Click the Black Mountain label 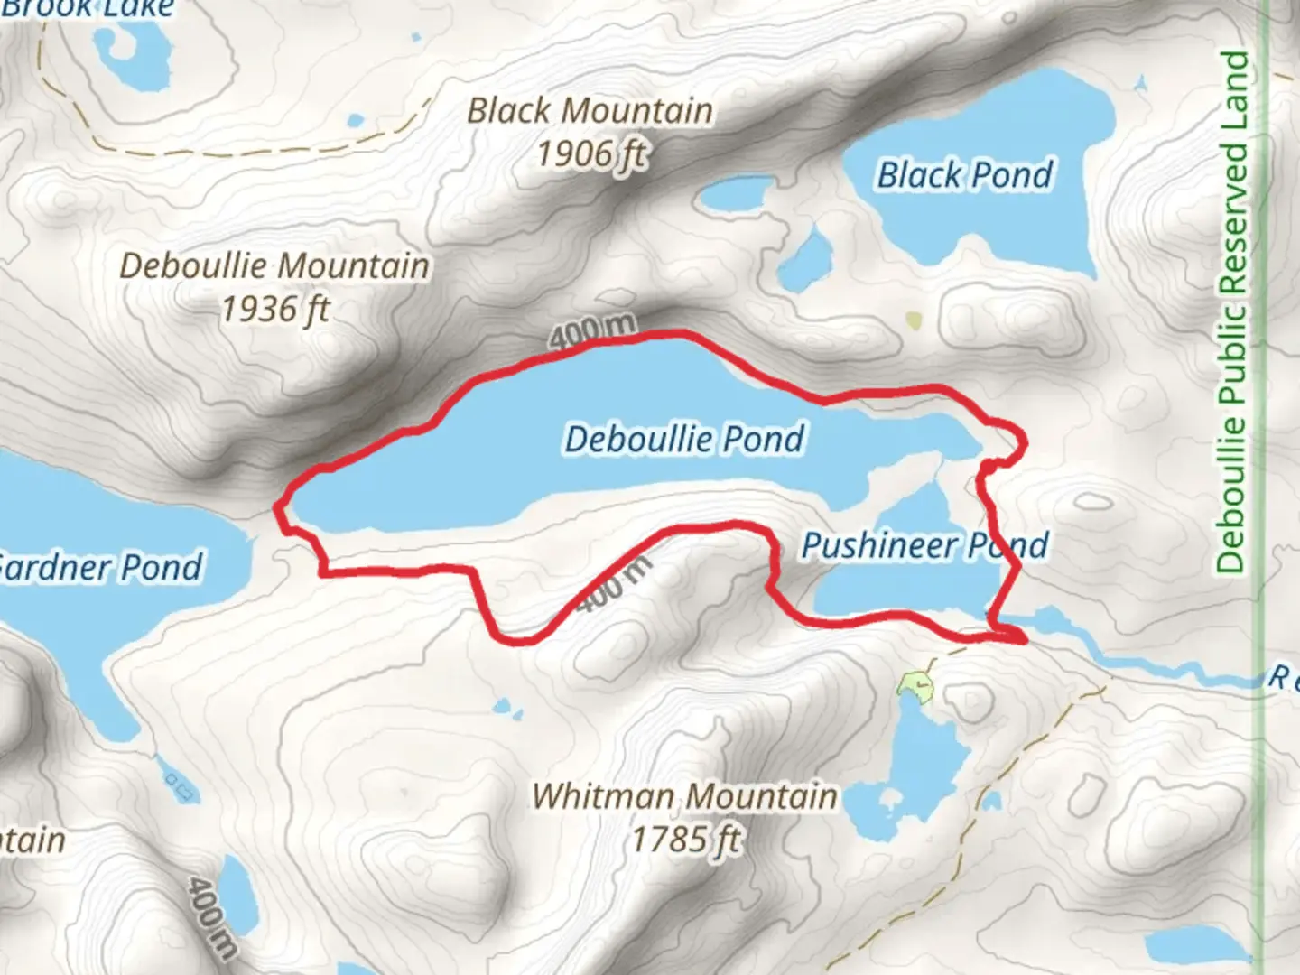pos(590,111)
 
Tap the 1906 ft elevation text pos(592,154)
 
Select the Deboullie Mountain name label pos(274,266)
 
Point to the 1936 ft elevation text pos(275,310)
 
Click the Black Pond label pos(965,175)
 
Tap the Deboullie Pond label pos(684,439)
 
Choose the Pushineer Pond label pos(924,545)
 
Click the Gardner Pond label pos(99,568)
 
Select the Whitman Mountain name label pos(684,796)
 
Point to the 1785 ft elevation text pos(686,840)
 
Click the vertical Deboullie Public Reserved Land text pos(1232,311)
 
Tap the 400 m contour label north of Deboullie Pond pos(592,332)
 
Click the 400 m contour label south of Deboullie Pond pos(614,583)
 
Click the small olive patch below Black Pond pos(914,320)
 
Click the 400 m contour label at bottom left pos(213,916)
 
